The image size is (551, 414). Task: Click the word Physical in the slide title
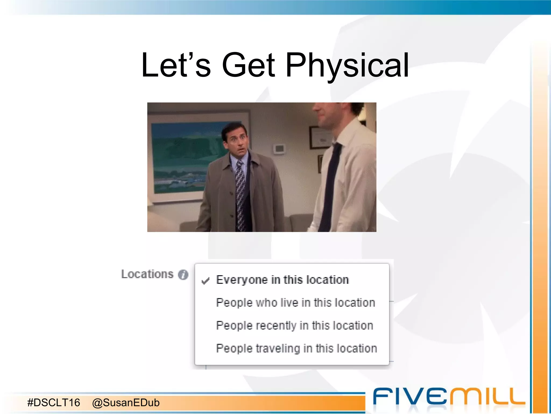347,65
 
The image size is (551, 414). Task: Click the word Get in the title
248,65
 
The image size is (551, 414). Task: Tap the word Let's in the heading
176,65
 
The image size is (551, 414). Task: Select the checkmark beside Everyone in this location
205,281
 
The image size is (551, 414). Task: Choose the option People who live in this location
295,303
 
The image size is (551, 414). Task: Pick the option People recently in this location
295,326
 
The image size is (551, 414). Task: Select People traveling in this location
296,349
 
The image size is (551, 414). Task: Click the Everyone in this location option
282,280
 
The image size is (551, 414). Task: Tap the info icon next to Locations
183,275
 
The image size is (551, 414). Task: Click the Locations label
147,274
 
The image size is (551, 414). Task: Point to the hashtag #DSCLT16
54,402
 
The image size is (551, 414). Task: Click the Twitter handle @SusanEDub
126,402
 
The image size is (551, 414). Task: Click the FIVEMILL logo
448,396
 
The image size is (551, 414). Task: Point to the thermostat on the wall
279,149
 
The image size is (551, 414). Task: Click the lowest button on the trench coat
232,216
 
